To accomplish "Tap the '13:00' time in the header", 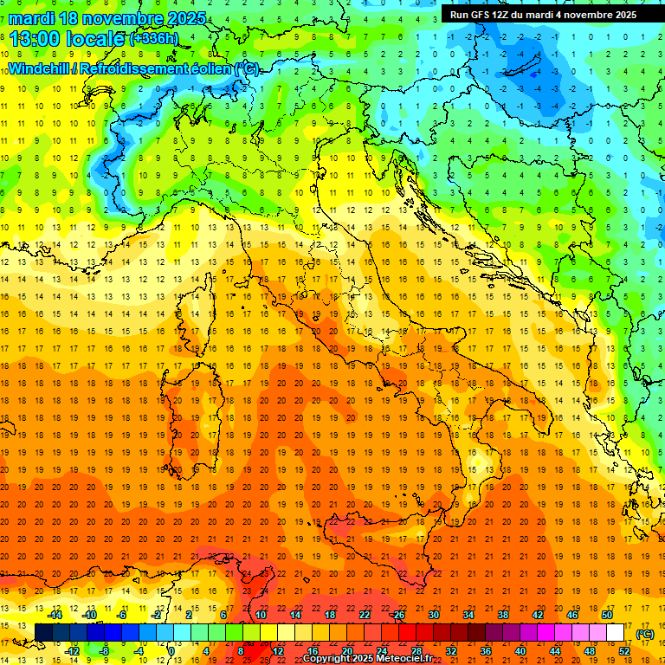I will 34,38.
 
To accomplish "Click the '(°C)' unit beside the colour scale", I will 645,633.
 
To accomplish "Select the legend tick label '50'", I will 607,614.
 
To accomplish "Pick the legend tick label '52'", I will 624,650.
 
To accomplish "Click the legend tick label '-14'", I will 55,614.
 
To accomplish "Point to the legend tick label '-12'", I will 72,650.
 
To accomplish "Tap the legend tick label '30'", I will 433,614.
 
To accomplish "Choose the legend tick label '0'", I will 172,650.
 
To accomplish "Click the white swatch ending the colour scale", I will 616,632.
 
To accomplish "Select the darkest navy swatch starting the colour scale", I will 43,632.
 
